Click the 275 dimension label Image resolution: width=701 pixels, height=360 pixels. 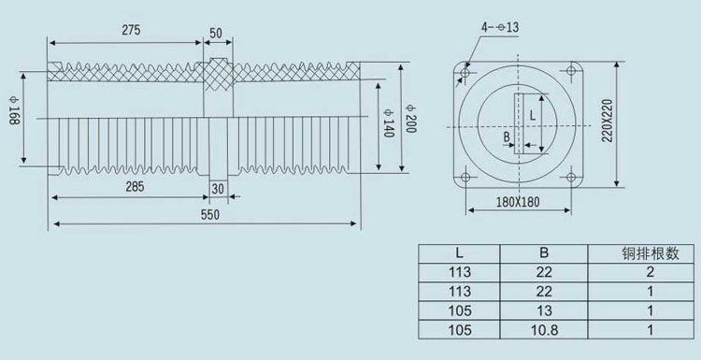tap(131, 30)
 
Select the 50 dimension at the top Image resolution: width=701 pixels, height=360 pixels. tap(216, 34)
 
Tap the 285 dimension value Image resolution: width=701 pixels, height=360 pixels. tap(135, 186)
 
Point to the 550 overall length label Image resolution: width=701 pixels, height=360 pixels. tap(210, 215)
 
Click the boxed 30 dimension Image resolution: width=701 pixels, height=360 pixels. tap(218, 189)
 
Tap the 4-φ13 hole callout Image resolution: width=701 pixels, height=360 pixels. tap(500, 27)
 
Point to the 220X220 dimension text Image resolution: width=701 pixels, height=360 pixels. tap(607, 121)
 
